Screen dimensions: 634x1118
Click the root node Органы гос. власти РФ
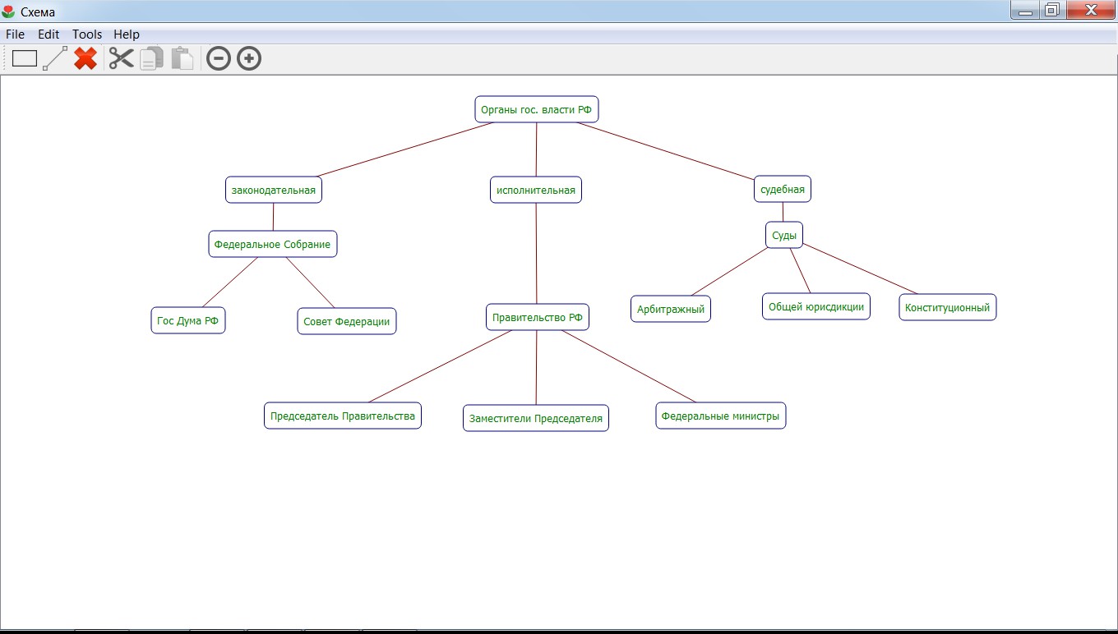536,109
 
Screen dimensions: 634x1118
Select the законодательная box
273,190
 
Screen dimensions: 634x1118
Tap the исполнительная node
535,190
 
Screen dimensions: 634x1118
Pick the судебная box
782,189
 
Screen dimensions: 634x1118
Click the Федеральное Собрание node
272,244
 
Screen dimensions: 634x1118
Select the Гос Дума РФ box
187,320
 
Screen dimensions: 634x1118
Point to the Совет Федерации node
346,321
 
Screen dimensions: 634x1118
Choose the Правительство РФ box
537,317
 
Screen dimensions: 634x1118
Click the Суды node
783,236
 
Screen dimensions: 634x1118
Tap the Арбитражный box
670,309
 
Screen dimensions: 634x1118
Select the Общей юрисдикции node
815,306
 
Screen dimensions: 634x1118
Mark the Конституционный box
947,307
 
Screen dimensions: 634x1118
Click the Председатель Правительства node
342,416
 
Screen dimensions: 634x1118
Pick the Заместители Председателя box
535,418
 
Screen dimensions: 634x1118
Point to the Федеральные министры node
720,416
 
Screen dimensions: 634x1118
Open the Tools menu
86,34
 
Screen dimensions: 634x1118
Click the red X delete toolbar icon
85,58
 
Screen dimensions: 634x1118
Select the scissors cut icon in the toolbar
121,58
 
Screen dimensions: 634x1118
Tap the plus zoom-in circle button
249,58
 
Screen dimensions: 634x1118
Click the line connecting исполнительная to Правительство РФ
536,255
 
